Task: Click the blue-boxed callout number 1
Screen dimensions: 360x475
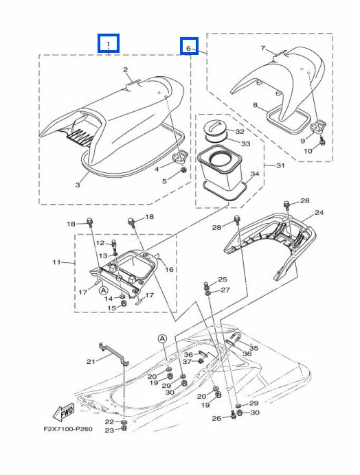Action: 109,44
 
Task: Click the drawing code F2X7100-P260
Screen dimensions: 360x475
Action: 68,429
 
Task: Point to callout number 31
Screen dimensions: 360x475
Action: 280,165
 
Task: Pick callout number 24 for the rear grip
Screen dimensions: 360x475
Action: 319,212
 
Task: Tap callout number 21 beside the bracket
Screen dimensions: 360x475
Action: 91,361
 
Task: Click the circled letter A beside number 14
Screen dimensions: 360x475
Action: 104,290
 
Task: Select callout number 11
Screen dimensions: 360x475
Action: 56,262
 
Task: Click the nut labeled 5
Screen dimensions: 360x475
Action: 183,170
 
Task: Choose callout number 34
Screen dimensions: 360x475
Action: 255,174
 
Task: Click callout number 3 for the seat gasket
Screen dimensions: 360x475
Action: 78,185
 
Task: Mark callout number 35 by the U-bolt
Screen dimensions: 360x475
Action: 254,348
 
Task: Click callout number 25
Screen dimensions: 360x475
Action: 223,279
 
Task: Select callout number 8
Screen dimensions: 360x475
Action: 255,105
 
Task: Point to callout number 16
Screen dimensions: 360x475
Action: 169,268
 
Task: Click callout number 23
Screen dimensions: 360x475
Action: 109,430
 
